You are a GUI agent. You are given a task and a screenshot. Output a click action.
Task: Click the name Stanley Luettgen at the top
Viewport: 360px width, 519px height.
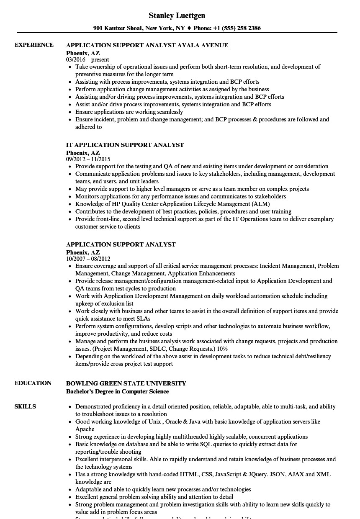click(x=177, y=16)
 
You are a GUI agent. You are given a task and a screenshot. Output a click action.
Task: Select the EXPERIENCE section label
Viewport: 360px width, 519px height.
click(x=34, y=45)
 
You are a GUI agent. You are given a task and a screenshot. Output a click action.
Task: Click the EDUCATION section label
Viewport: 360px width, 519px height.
click(x=33, y=383)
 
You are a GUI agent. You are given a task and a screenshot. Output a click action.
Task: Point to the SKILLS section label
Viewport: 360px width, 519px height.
click(x=25, y=406)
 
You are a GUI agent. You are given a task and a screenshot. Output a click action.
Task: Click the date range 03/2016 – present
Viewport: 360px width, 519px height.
click(x=87, y=60)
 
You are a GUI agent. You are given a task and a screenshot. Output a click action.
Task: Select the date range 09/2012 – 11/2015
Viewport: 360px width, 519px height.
click(x=88, y=159)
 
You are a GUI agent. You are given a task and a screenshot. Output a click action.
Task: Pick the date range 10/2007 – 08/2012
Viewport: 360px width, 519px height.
click(x=88, y=259)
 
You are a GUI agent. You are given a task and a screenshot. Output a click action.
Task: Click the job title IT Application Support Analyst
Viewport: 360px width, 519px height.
click(x=125, y=145)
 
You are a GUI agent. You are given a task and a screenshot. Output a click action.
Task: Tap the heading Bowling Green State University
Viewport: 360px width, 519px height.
click(x=126, y=383)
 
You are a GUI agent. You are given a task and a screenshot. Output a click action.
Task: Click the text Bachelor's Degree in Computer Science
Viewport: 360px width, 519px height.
click(x=117, y=391)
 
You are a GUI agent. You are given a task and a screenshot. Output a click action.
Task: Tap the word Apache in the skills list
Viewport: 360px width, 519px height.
click(x=85, y=429)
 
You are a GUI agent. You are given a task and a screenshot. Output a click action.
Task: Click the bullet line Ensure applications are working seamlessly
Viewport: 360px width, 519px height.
click(x=129, y=112)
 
